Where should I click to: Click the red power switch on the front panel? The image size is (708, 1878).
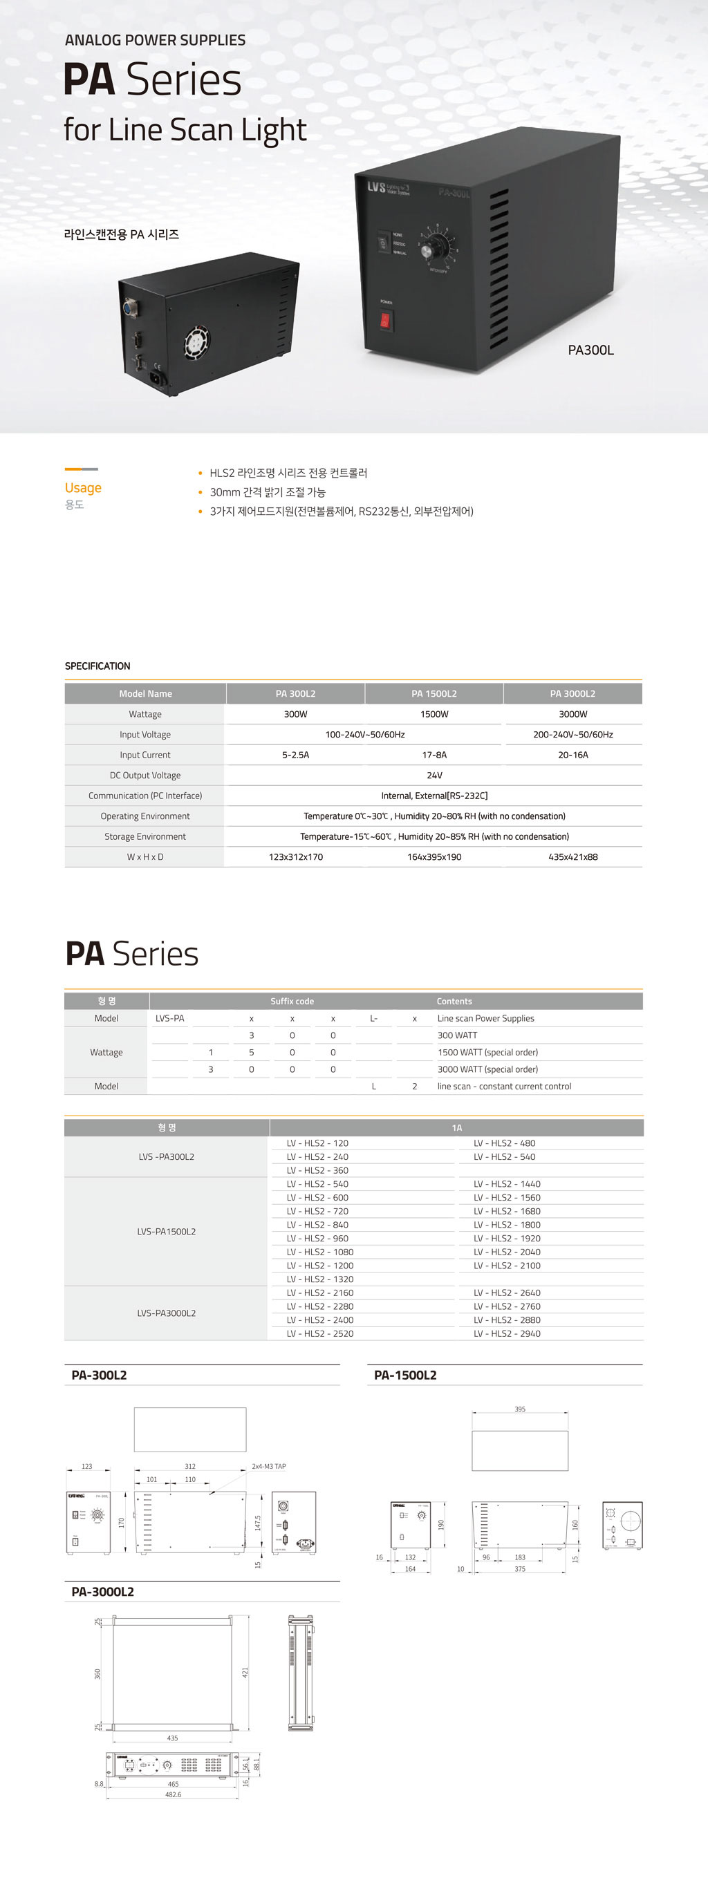point(386,320)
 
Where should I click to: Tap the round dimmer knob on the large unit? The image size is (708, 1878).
point(427,250)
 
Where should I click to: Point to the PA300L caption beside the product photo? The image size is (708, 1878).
point(590,350)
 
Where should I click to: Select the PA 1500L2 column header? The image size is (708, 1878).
point(434,693)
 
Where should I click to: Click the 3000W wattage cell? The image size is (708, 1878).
point(573,715)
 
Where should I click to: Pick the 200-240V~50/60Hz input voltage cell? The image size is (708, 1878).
point(573,735)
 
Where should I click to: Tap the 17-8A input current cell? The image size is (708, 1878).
point(434,755)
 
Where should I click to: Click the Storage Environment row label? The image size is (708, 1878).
point(145,837)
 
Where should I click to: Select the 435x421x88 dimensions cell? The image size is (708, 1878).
point(573,857)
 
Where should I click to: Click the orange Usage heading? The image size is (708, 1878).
point(83,488)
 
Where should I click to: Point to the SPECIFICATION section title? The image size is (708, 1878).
point(97,666)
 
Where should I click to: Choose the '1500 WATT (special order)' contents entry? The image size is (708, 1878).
point(488,1053)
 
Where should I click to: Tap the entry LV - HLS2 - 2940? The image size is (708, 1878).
point(507,1334)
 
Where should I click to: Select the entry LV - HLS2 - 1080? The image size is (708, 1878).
point(320,1252)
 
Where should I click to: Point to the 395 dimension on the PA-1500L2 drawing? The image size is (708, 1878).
point(520,1409)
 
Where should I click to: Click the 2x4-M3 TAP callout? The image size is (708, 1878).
point(268,1466)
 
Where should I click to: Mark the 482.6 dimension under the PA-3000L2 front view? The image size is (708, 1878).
point(173,1794)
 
